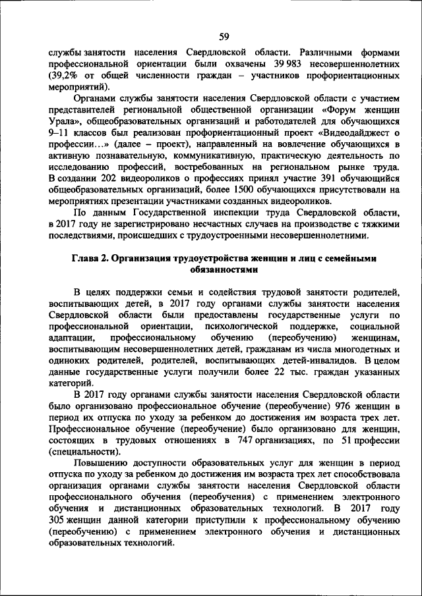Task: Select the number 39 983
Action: pyautogui.click(x=288, y=64)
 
